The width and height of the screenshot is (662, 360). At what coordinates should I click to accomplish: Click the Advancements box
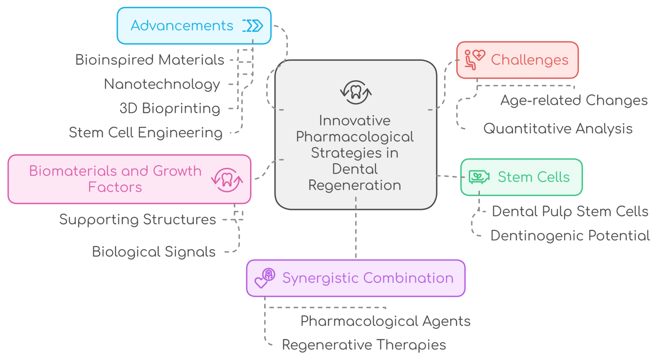[194, 26]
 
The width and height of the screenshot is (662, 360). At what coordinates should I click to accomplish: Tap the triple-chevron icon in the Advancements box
[253, 26]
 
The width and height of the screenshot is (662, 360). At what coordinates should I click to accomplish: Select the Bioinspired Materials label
[149, 60]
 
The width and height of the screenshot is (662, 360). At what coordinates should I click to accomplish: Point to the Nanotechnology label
[162, 84]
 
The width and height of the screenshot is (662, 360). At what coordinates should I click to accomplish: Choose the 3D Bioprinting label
[170, 108]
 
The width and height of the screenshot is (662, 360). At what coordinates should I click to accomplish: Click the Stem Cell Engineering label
[146, 133]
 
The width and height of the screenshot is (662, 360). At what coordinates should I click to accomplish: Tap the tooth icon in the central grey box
[356, 92]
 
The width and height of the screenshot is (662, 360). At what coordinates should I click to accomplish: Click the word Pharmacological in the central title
[355, 137]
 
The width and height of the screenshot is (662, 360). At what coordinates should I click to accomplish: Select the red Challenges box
[517, 60]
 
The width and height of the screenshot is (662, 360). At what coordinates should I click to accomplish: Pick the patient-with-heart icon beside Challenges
[474, 59]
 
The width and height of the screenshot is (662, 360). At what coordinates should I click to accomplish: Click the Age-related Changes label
[574, 100]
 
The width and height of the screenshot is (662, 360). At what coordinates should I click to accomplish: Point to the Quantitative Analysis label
[558, 129]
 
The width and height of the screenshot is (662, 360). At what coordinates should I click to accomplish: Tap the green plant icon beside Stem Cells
[479, 177]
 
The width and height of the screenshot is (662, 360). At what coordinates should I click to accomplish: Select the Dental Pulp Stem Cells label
[570, 211]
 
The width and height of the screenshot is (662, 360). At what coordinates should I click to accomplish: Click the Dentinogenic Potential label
[570, 236]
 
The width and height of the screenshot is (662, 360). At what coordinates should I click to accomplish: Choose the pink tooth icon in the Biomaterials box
[227, 180]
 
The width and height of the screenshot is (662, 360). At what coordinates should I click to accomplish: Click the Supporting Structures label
[138, 219]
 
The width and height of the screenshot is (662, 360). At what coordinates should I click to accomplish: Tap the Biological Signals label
[154, 252]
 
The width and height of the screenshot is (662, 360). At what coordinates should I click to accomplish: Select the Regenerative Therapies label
[364, 345]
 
